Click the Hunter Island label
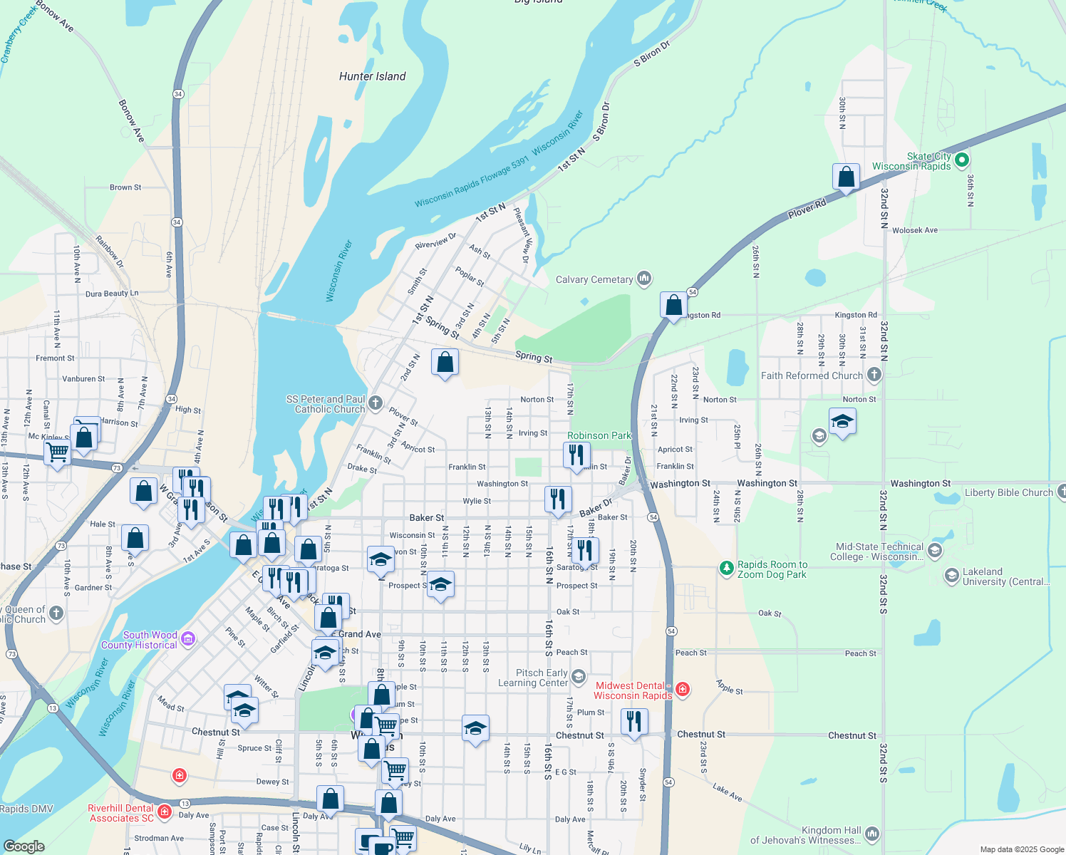pos(372,76)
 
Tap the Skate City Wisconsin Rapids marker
pos(961,160)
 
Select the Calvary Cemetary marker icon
pos(644,278)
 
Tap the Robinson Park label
pos(599,435)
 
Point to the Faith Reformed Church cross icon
pos(874,374)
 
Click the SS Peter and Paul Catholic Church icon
pos(376,403)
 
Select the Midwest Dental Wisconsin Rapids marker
pos(683,688)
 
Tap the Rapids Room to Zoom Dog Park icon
pos(726,568)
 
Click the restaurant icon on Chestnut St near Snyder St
pos(633,722)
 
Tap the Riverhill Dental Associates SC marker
pos(165,811)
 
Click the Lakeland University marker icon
pos(951,575)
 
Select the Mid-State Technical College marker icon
pos(935,550)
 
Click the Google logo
pos(24,846)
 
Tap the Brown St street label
pos(125,187)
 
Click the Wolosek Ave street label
pos(915,230)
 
